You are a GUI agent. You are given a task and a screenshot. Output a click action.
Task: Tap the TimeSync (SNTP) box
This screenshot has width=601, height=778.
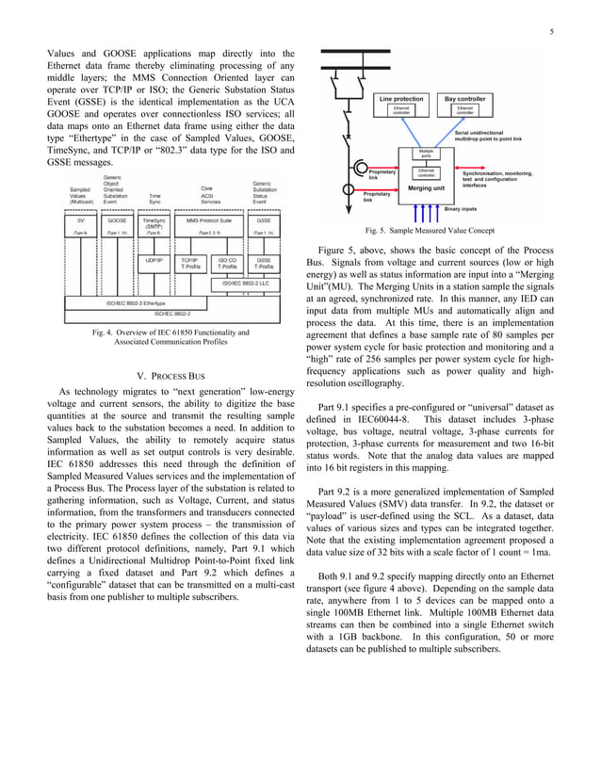click(154, 222)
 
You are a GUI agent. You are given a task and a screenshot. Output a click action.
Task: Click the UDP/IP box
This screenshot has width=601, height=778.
click(154, 260)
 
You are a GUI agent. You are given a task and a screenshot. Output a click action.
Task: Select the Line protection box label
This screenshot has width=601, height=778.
click(400, 98)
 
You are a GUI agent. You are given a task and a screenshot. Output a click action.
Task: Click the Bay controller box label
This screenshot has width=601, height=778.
click(465, 98)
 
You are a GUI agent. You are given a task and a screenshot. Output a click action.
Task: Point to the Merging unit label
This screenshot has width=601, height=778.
click(427, 187)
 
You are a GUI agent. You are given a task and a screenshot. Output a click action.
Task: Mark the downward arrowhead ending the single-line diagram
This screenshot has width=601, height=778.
click(350, 213)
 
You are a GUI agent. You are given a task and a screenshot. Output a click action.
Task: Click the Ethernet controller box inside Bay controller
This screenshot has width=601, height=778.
click(465, 110)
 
